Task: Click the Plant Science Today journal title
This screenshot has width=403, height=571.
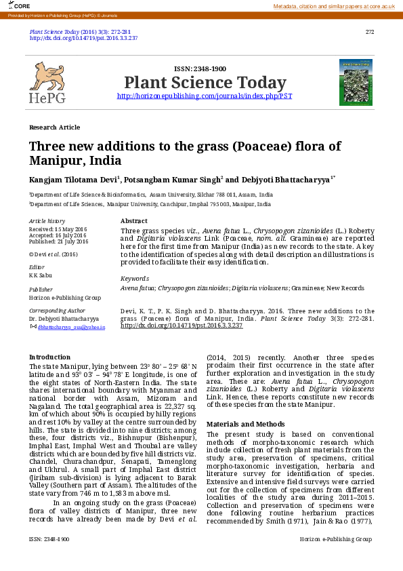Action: pos(205,83)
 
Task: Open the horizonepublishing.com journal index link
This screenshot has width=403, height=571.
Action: pos(205,96)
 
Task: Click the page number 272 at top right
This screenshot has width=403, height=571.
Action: pos(369,32)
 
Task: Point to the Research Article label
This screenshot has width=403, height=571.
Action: pos(54,127)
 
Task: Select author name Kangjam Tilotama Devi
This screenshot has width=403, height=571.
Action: pos(73,180)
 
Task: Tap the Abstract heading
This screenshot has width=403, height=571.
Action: pos(133,221)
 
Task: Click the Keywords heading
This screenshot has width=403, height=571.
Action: pos(134,279)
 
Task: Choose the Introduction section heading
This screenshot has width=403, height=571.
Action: pos(49,357)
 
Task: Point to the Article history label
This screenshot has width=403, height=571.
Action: pos(47,221)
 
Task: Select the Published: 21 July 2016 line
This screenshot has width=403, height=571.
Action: pos(58,241)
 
